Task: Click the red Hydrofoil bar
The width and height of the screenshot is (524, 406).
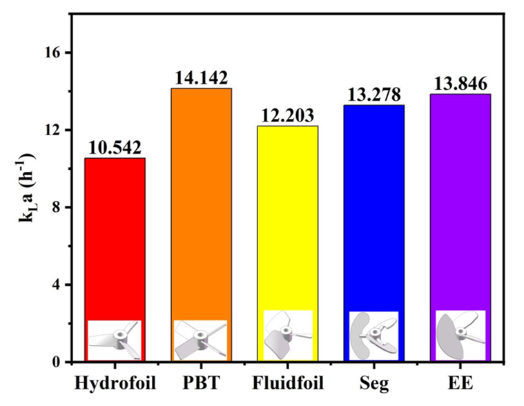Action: coord(115,235)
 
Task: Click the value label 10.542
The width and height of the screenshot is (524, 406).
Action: coord(115,148)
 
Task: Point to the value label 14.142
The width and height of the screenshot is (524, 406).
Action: coord(201,78)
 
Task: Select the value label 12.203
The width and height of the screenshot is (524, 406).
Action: coord(288,115)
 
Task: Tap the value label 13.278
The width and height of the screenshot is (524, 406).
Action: coord(374,95)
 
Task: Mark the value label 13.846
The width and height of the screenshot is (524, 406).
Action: coord(460,84)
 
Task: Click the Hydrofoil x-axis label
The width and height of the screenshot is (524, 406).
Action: coord(115,382)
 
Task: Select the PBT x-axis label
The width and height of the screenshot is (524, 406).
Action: coord(201,382)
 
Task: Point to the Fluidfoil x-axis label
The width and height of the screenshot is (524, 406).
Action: coord(288,382)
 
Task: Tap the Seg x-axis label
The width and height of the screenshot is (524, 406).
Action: coord(374,382)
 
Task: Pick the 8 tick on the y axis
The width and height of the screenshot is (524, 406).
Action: coord(59,208)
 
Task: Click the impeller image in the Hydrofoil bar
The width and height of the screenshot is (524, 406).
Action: coord(115,340)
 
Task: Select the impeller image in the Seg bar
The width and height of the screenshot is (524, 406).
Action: coord(374,336)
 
